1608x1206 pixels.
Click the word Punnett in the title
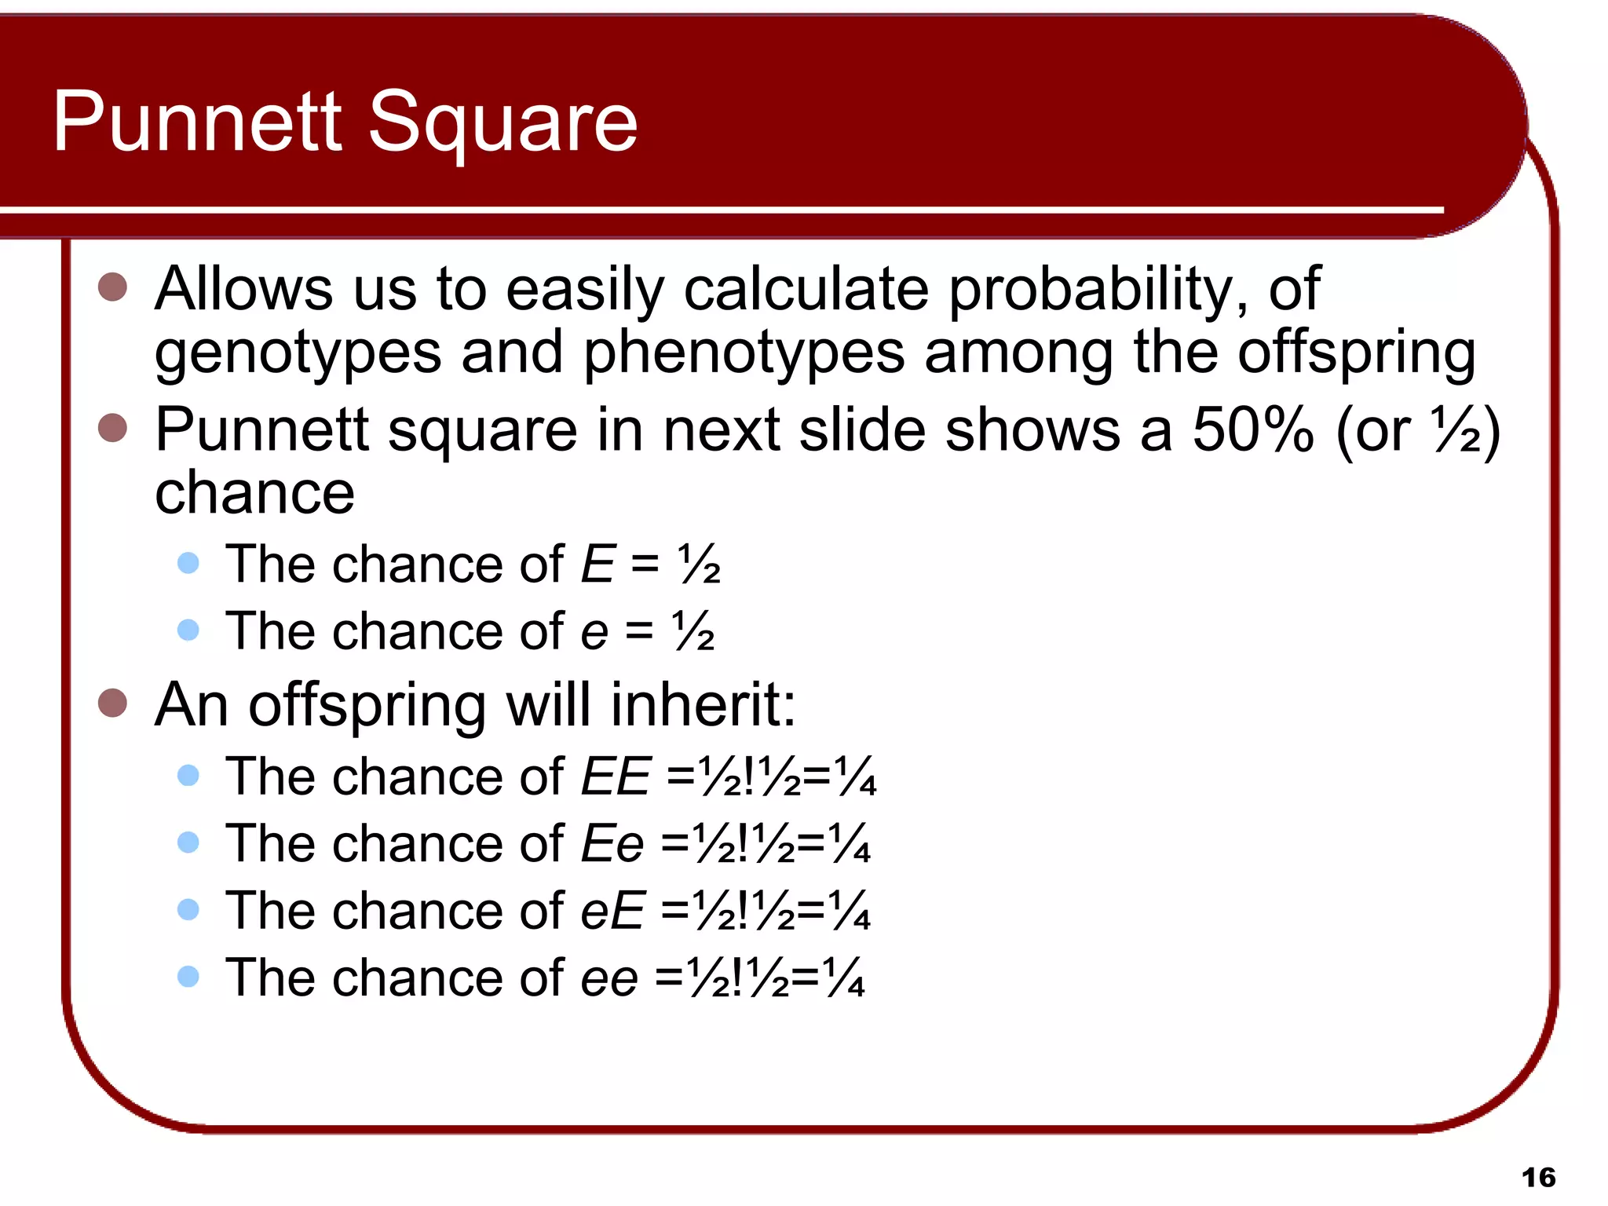tap(197, 122)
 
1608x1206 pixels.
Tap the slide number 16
tap(1538, 1178)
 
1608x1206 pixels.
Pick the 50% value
tap(1252, 430)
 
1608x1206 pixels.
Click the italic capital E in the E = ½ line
tap(598, 564)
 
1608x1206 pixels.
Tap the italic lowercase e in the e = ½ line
tap(594, 631)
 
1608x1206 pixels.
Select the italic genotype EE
tap(616, 776)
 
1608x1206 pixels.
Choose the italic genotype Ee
tap(612, 843)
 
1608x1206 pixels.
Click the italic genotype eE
tap(612, 911)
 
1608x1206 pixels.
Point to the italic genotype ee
tap(608, 978)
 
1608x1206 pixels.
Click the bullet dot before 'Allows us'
tap(113, 287)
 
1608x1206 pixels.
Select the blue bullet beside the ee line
tap(188, 977)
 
